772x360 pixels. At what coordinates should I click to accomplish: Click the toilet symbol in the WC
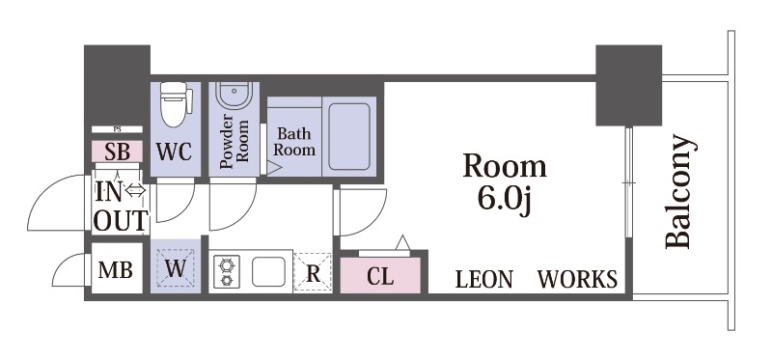[x=176, y=104]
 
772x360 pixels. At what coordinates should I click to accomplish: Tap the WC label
[x=175, y=152]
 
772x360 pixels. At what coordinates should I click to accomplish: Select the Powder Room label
[x=234, y=141]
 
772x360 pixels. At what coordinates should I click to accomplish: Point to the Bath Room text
[x=294, y=141]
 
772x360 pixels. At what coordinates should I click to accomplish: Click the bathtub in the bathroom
[x=349, y=136]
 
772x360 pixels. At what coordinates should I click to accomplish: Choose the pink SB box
[x=117, y=152]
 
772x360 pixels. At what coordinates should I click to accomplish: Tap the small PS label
[x=117, y=129]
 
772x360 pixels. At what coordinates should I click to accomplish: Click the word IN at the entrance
[x=108, y=192]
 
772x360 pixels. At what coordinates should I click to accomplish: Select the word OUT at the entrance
[x=120, y=220]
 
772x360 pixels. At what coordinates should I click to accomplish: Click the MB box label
[x=115, y=270]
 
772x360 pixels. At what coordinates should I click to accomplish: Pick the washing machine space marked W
[x=176, y=268]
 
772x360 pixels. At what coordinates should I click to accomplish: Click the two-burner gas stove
[x=227, y=271]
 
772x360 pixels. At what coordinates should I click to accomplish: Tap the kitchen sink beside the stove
[x=268, y=271]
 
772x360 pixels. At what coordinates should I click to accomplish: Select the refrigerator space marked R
[x=313, y=273]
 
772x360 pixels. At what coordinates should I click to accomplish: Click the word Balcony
[x=680, y=191]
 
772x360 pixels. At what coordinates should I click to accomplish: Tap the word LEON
[x=484, y=279]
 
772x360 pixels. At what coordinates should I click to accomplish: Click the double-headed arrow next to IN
[x=135, y=190]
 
